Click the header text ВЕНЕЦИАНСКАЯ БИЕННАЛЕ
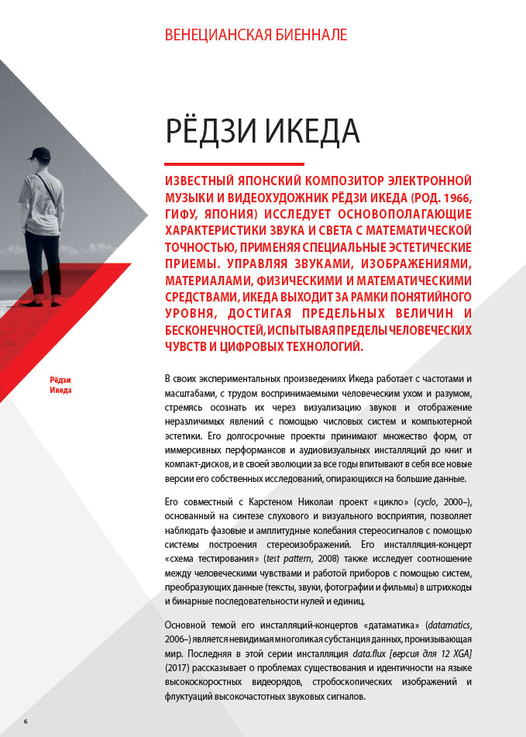click(256, 36)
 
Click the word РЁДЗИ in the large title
click(210, 131)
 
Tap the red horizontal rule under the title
click(234, 164)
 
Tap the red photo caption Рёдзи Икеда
click(60, 384)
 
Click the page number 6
click(25, 722)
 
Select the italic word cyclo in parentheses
click(428, 503)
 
